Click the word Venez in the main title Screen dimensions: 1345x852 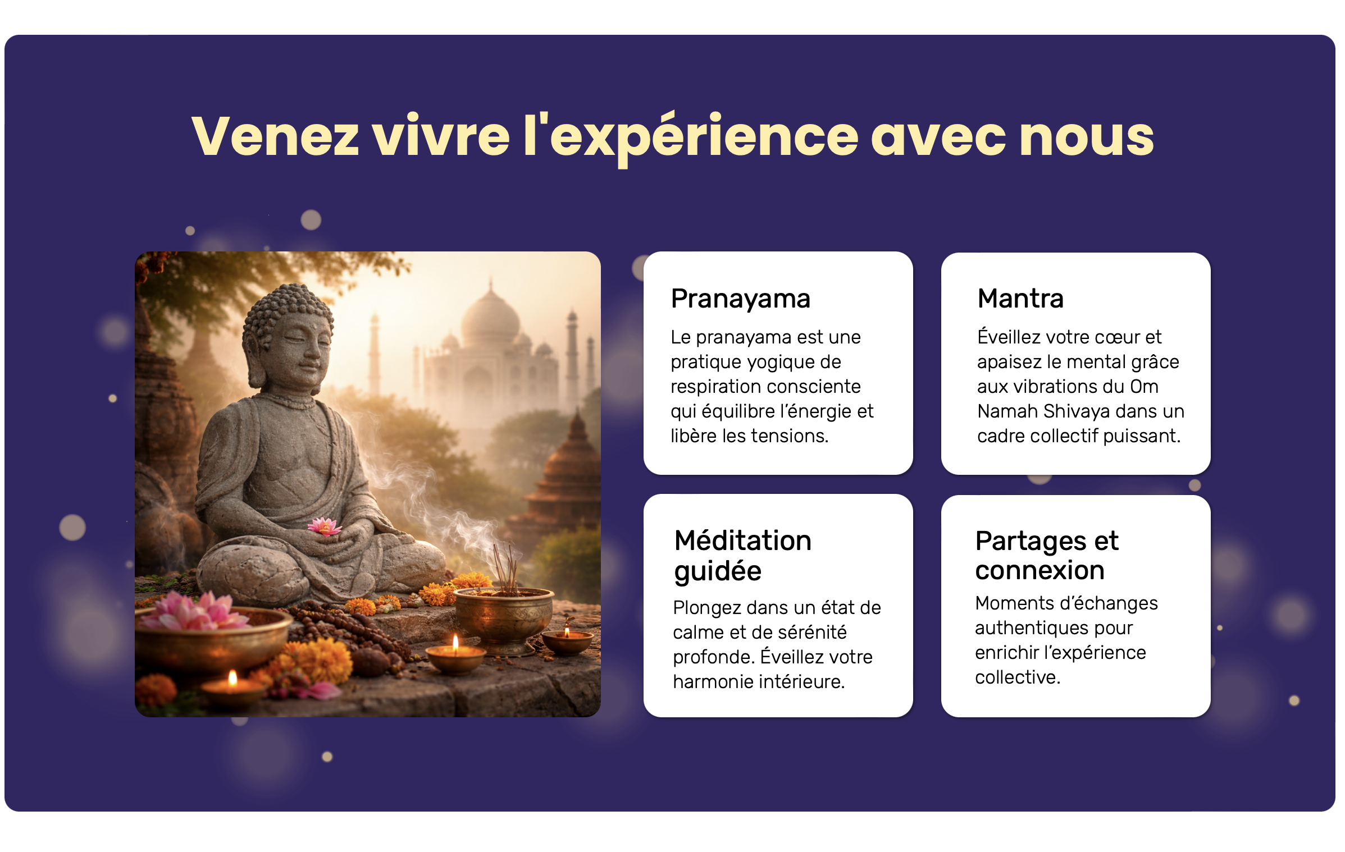pos(275,136)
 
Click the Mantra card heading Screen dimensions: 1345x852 pos(1020,298)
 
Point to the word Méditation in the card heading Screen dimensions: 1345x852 pos(743,540)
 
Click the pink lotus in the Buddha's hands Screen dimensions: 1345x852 pos(324,526)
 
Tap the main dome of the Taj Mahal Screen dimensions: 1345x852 pos(490,317)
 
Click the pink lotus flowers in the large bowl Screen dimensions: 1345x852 pos(194,611)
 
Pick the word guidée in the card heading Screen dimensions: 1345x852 pos(718,572)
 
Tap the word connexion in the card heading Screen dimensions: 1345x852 pos(1040,570)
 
